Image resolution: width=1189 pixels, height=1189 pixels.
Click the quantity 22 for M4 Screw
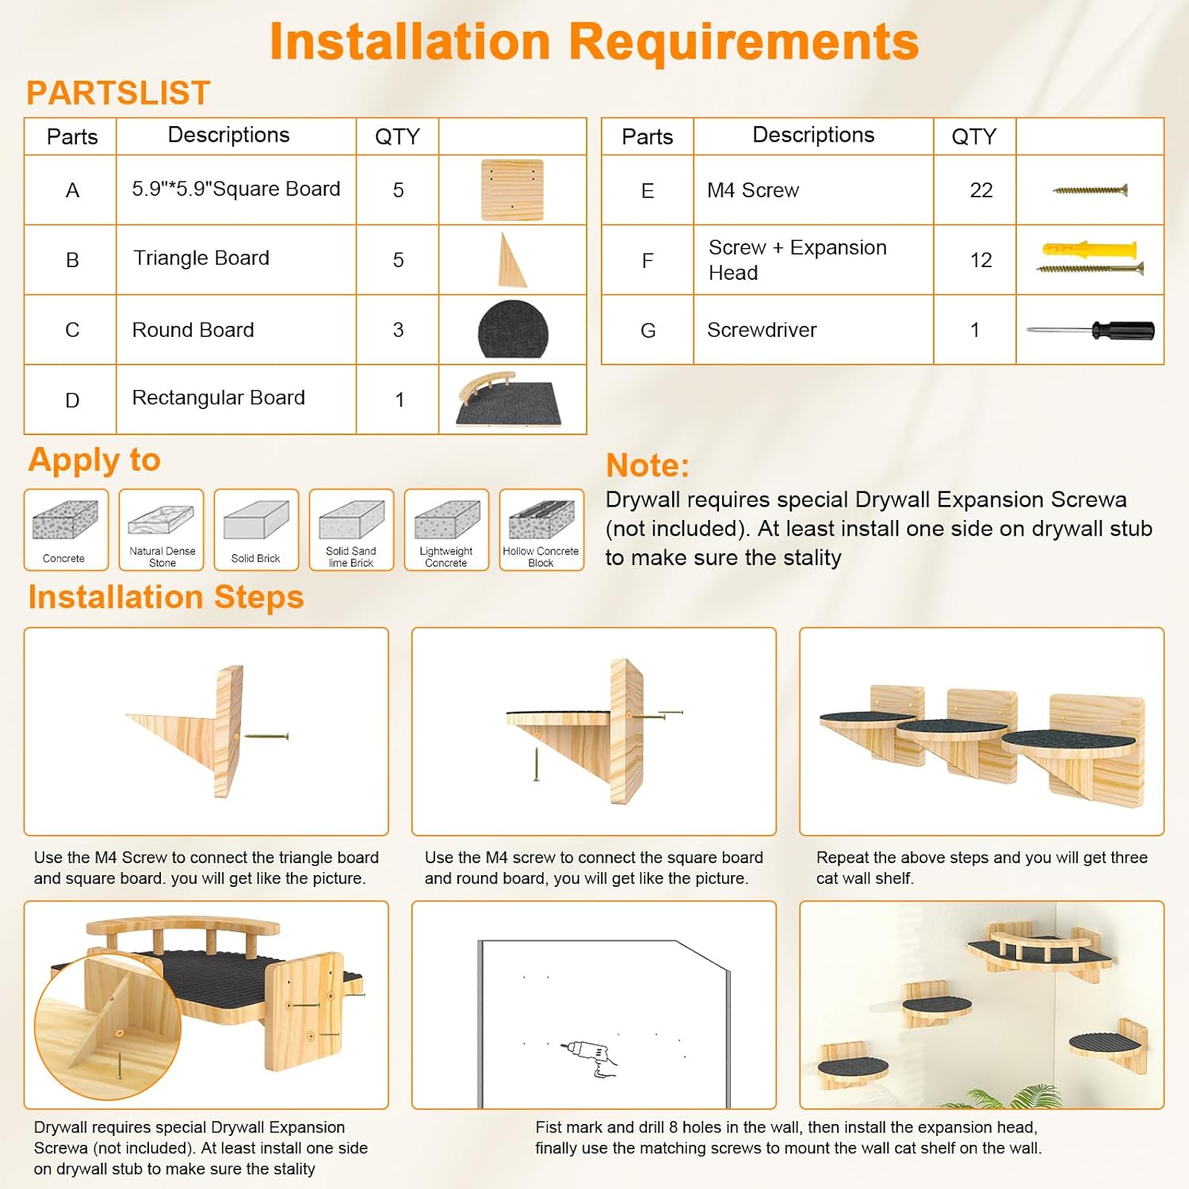(x=981, y=190)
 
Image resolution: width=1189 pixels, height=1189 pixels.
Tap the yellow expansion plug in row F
(x=1090, y=250)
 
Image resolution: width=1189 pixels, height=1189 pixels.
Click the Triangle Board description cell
(x=236, y=260)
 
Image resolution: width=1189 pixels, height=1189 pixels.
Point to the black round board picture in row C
(x=513, y=329)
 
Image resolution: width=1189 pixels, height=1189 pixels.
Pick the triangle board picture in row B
(x=511, y=260)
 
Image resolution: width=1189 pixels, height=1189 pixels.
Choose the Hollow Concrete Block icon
(x=541, y=530)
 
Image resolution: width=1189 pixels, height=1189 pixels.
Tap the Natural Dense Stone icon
(x=162, y=530)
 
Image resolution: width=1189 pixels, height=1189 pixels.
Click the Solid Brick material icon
(x=256, y=530)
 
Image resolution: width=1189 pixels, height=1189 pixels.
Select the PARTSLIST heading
(x=118, y=93)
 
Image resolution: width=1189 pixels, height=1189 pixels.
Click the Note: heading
(x=648, y=465)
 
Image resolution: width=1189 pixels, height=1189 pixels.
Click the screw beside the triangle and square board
(x=266, y=736)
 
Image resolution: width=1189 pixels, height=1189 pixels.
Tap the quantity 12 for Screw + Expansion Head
(x=981, y=260)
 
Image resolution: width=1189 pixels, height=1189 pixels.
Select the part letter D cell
(x=71, y=400)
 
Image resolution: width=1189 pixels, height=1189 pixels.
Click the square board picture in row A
(x=512, y=190)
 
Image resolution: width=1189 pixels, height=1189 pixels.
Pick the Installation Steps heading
(x=166, y=598)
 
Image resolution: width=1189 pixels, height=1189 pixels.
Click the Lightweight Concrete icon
(x=446, y=530)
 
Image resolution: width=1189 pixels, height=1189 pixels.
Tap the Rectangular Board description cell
(x=236, y=399)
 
